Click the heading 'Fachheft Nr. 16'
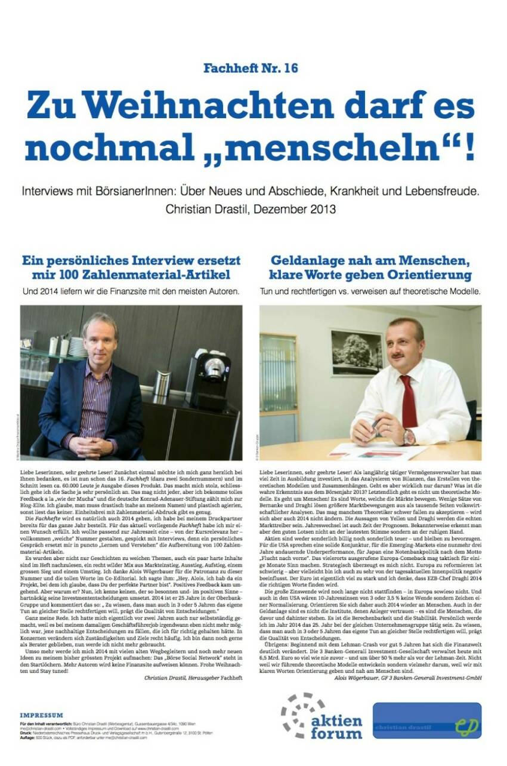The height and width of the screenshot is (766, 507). coord(251,68)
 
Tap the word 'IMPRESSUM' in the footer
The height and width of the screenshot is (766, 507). coord(41,715)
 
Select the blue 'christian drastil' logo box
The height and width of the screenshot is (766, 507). coord(426,720)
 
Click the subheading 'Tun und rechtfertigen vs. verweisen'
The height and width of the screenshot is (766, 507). coord(370,291)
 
